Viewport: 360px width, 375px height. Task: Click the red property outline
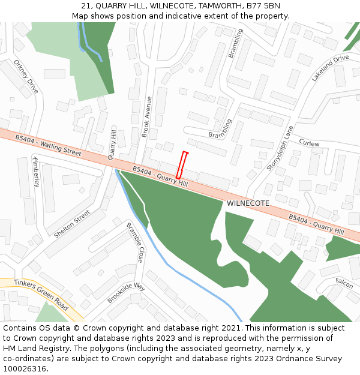pyautogui.click(x=182, y=165)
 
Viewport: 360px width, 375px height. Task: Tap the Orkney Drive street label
pyautogui.click(x=26, y=76)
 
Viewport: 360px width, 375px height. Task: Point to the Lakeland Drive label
pyautogui.click(x=329, y=68)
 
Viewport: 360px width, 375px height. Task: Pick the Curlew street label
pyautogui.click(x=309, y=143)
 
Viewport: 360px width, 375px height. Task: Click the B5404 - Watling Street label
pyautogui.click(x=49, y=146)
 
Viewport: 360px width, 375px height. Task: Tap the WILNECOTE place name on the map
pyautogui.click(x=248, y=203)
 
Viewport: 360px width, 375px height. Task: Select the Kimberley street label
pyautogui.click(x=36, y=172)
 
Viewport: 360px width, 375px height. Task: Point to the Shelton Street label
pyautogui.click(x=72, y=224)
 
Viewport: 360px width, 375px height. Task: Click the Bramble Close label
pyautogui.click(x=135, y=242)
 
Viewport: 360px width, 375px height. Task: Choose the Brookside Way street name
pyautogui.click(x=126, y=292)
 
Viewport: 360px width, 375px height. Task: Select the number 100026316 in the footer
pyautogui.click(x=25, y=369)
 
